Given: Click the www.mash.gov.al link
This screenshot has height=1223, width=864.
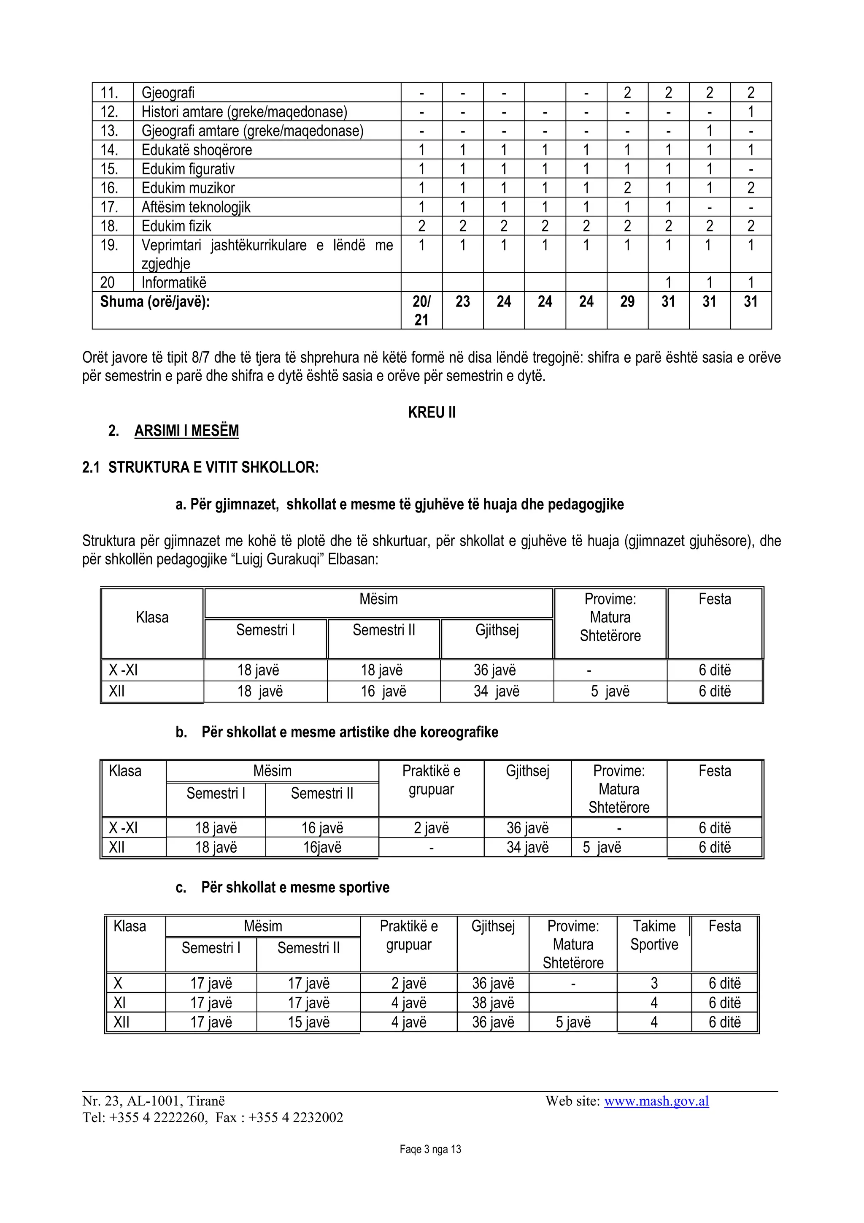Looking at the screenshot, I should (x=656, y=1101).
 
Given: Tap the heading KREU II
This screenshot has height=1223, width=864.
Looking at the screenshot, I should (x=432, y=412).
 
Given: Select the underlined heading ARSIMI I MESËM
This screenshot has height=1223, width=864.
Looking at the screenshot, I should (x=186, y=431).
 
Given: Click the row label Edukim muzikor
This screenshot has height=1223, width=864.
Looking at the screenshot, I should (x=188, y=188).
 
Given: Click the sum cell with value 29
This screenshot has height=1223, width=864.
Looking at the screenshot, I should (x=627, y=301).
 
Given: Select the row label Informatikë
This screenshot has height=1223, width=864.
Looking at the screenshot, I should (x=173, y=282).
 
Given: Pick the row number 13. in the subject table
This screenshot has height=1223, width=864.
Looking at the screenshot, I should (x=109, y=130).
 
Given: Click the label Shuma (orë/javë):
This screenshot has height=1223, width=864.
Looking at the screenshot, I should (x=155, y=301).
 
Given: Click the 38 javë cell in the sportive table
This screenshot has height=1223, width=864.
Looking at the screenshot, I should (x=493, y=1003).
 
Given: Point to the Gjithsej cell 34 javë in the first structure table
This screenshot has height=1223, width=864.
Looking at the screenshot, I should (x=496, y=691).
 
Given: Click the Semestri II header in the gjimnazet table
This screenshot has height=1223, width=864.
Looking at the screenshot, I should (x=383, y=630).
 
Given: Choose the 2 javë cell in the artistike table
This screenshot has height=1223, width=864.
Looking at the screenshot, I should (x=431, y=828).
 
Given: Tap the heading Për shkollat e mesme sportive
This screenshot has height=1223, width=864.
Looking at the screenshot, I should (x=295, y=887).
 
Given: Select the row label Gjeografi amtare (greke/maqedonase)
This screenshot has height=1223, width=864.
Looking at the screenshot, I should (x=252, y=130).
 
